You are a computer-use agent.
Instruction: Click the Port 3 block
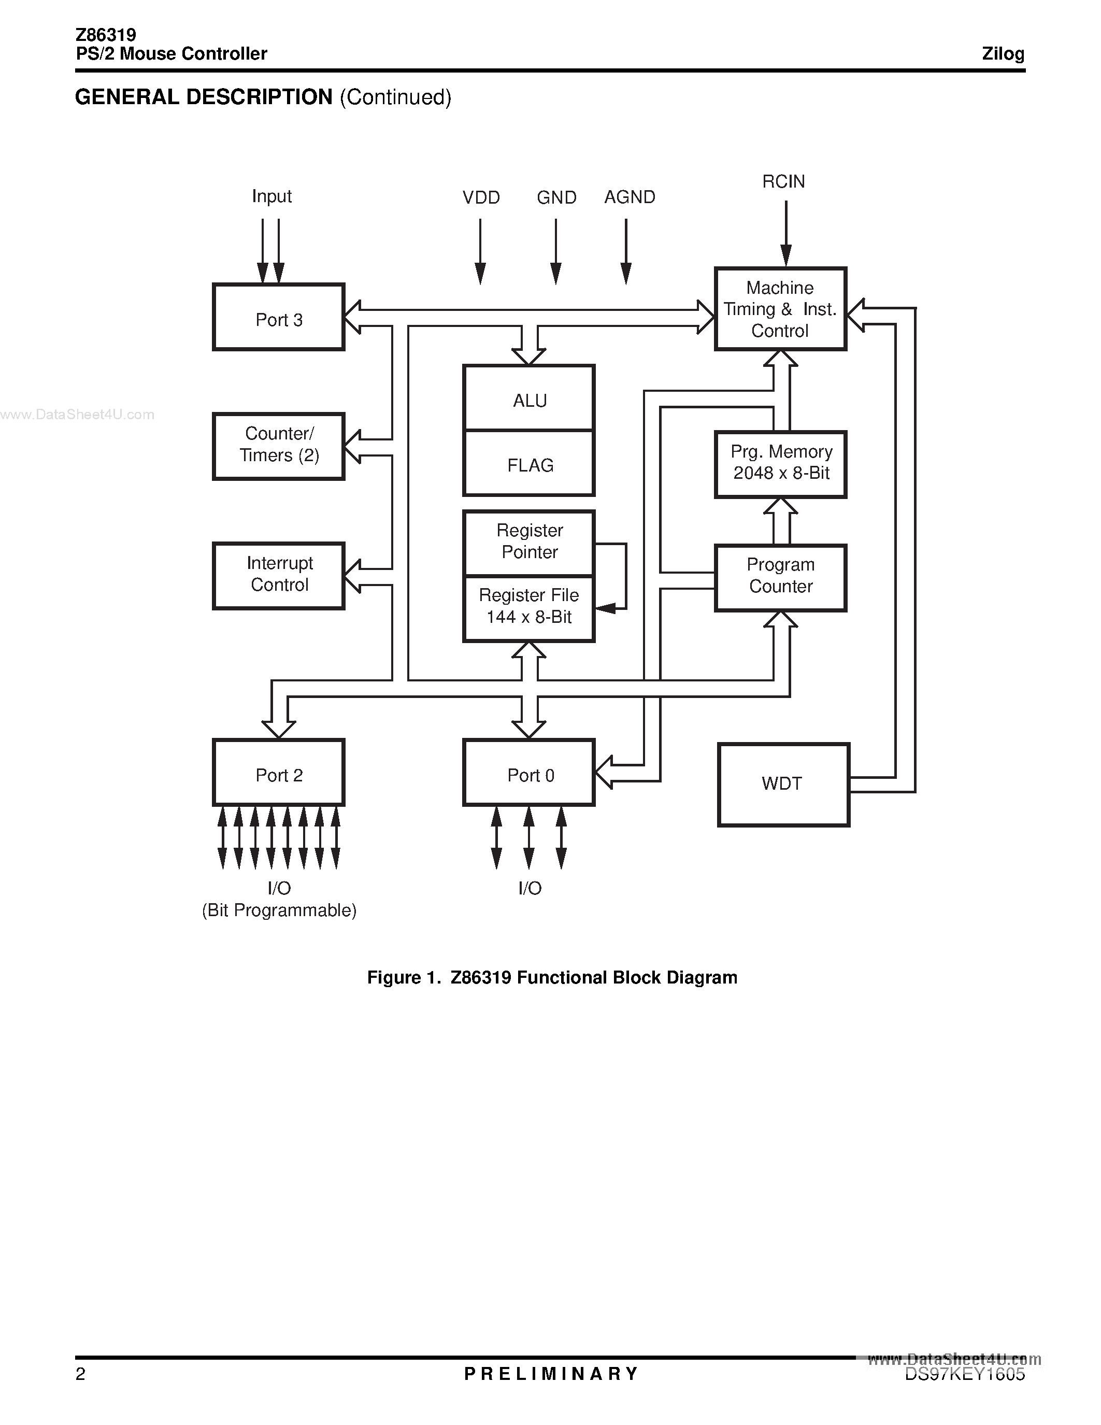click(x=279, y=318)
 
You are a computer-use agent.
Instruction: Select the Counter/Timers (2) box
click(x=279, y=446)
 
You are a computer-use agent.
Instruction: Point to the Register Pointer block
click(x=529, y=542)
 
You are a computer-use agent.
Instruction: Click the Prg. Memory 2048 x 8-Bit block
click(x=781, y=464)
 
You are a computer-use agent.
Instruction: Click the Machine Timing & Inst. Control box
click(x=781, y=309)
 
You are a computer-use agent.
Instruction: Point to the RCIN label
click(x=783, y=181)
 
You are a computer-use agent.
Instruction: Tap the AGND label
click(x=630, y=197)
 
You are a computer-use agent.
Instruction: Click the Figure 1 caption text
click(x=552, y=977)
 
